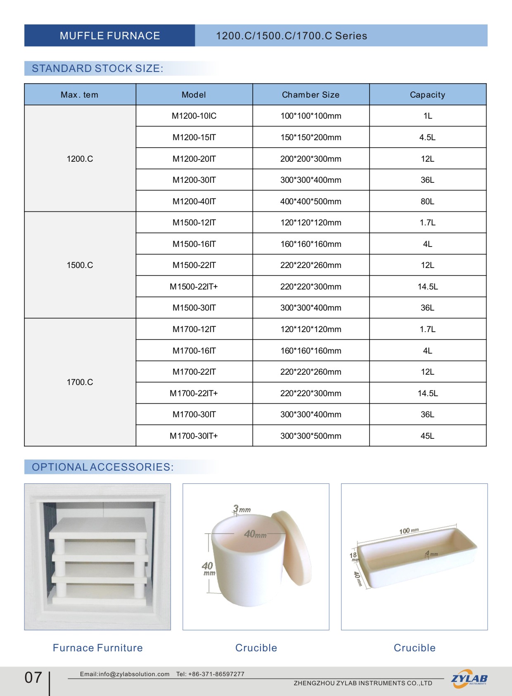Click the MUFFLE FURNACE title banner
(110, 36)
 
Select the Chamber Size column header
(311, 95)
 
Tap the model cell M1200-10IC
(194, 116)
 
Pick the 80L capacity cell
(427, 201)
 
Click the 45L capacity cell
(427, 436)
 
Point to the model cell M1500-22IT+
(194, 287)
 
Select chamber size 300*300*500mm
(311, 436)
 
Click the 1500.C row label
(80, 265)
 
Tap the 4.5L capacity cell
(427, 137)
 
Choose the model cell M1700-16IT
(194, 351)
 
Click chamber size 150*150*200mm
(311, 137)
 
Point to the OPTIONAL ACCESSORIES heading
(103, 467)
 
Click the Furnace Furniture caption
(98, 648)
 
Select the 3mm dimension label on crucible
(242, 509)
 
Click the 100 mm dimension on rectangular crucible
(409, 531)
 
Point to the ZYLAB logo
(469, 679)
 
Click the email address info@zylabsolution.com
(134, 674)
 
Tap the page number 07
(33, 677)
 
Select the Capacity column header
(427, 95)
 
